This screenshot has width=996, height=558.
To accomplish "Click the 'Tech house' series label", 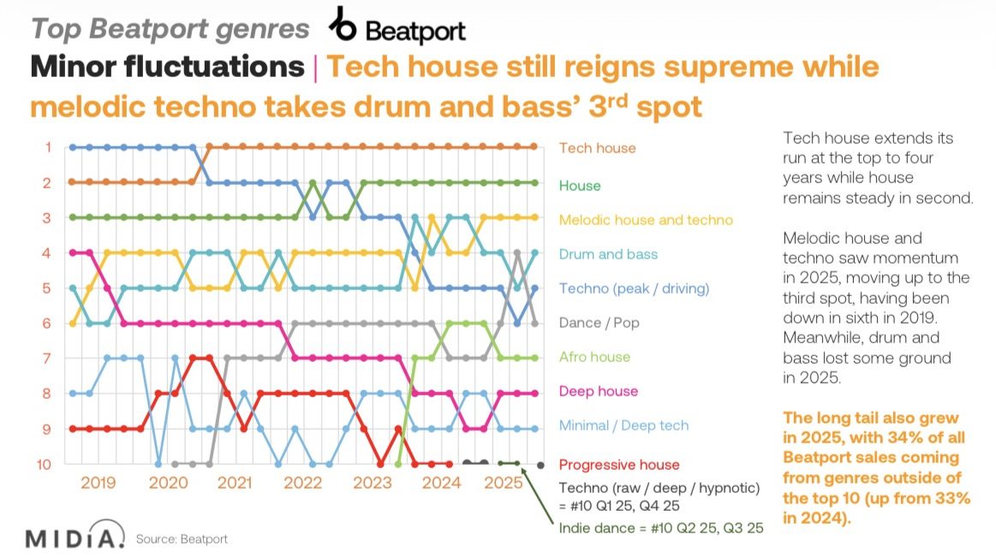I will pos(597,148).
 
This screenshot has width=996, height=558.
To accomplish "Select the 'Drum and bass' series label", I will pos(608,254).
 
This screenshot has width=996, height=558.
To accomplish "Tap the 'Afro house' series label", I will pos(593,357).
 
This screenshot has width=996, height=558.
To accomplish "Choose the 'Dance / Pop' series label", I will pos(599,323).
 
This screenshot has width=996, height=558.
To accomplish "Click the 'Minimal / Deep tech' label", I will pos(623,425).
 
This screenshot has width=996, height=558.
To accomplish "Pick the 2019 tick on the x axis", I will pos(98,483).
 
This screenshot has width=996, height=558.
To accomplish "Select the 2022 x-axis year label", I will pos(303,483).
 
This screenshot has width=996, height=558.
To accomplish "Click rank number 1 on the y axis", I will pos(49,147).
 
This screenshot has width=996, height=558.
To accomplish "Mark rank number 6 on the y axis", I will pos(49,324).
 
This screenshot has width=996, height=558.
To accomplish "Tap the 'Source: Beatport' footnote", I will pos(182,540).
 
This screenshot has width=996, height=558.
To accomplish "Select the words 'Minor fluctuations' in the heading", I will pos(167,68).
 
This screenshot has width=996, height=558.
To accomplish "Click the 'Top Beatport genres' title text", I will pos(170,28).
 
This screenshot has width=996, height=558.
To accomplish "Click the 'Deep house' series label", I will pos(597,391).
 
